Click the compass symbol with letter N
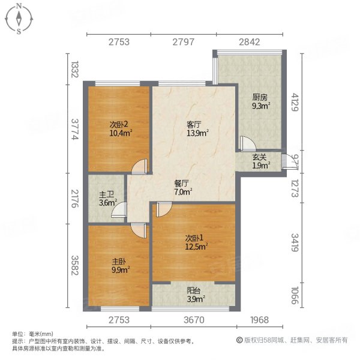point(19,18)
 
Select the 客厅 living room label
point(193,124)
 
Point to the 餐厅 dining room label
point(182,184)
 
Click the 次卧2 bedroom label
point(118,124)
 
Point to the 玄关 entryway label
point(260,158)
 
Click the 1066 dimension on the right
point(293,296)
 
